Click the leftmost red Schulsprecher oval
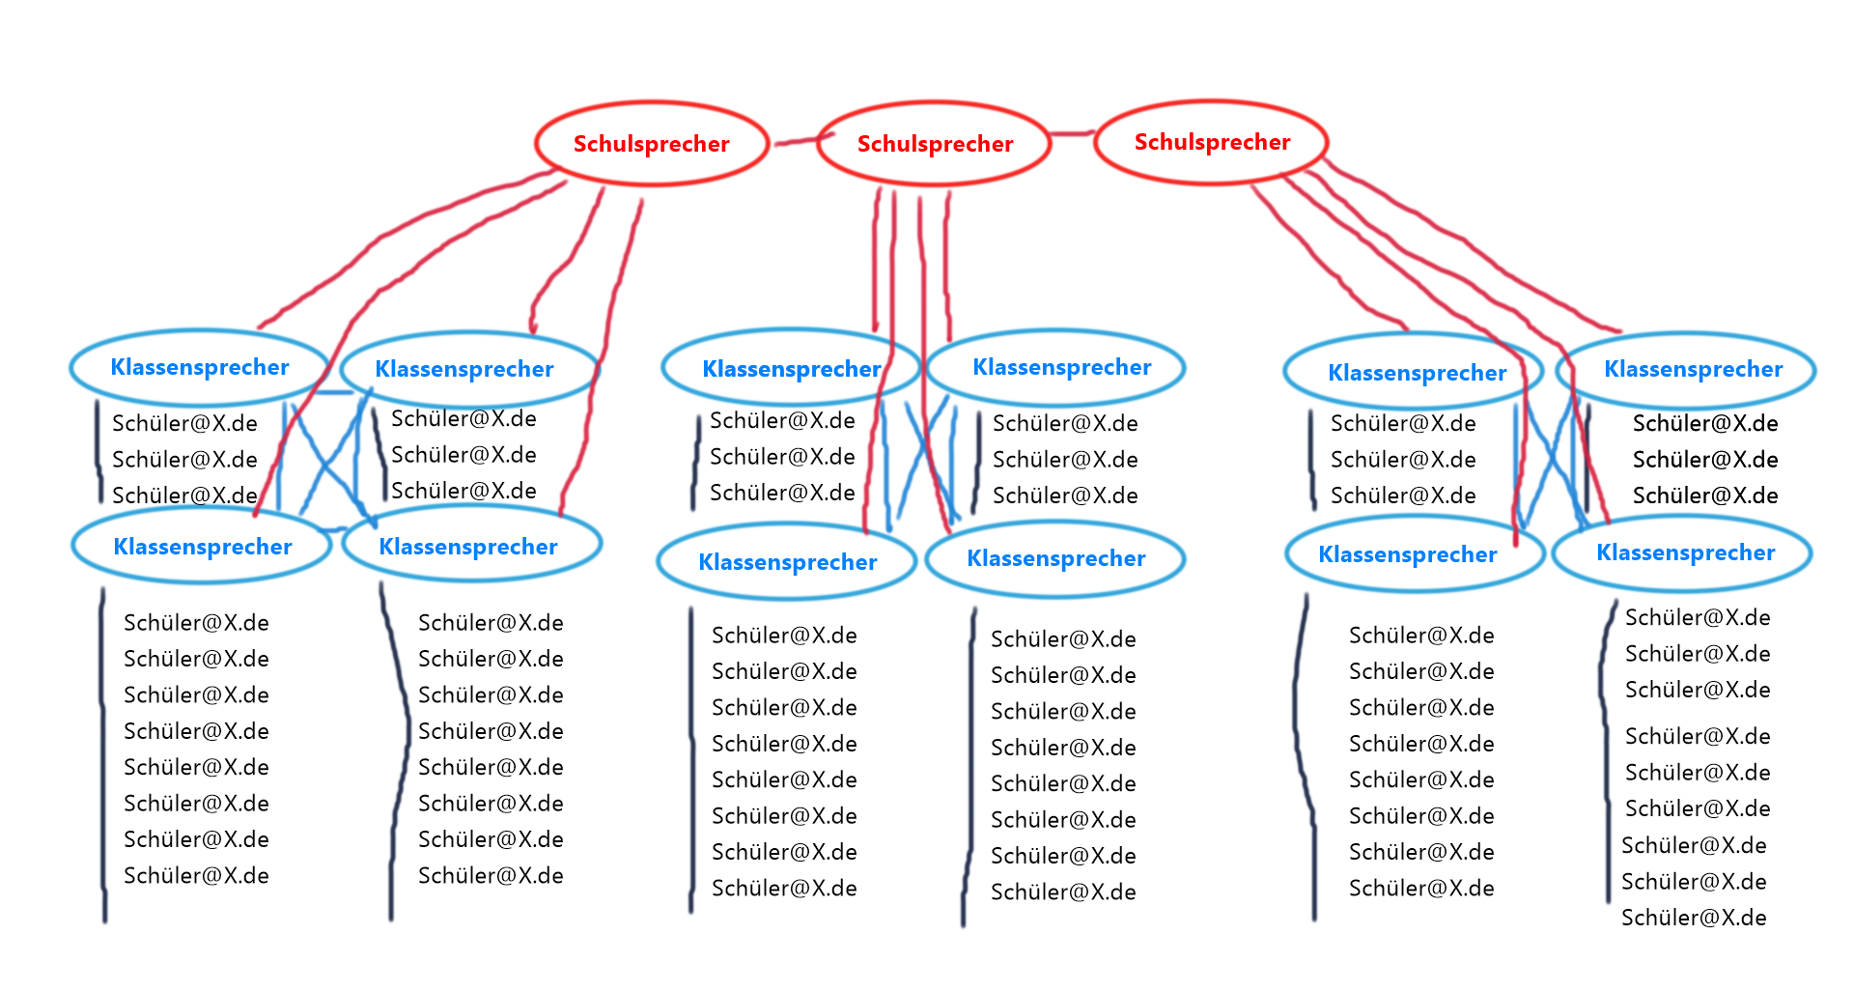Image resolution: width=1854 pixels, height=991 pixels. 652,144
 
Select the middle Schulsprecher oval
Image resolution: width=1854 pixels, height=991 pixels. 934,144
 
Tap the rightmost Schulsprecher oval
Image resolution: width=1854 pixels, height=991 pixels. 1211,142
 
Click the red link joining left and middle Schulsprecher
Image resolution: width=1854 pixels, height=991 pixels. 794,141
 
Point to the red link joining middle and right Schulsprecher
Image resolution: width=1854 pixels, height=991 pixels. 1072,133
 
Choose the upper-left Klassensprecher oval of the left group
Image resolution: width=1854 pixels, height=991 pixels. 199,367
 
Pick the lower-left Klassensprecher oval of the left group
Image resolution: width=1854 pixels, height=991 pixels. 202,547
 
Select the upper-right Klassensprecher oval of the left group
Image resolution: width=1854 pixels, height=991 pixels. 464,369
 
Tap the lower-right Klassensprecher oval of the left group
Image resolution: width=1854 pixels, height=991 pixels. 468,547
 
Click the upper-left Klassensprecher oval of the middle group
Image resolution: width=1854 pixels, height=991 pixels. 791,369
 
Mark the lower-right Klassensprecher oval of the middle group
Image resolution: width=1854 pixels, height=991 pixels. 1055,558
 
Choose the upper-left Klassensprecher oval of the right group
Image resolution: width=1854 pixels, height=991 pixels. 1417,373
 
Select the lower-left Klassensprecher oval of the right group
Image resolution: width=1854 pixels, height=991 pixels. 1407,554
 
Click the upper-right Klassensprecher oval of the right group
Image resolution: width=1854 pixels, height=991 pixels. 1693,369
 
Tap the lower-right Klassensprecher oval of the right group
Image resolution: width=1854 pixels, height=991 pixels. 1685,552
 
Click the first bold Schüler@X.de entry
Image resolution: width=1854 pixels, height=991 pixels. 1704,423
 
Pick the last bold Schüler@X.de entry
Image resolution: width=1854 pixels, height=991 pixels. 1704,495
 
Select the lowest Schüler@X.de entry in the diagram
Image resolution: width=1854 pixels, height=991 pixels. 1694,918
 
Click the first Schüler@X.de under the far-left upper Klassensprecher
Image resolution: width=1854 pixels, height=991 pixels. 184,423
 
